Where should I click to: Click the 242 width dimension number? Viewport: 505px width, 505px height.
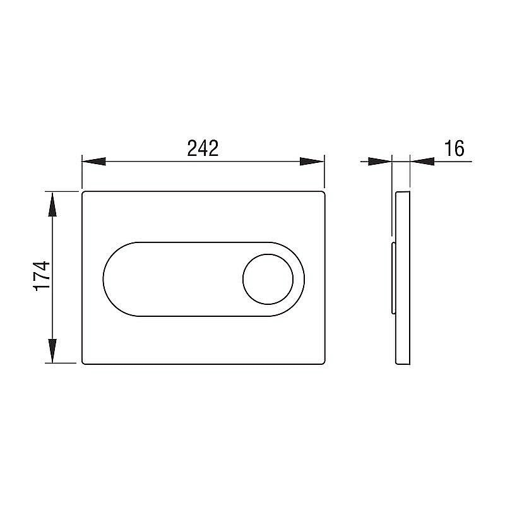click(203, 148)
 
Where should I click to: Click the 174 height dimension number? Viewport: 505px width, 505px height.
click(42, 276)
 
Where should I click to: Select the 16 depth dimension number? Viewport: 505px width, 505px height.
click(454, 148)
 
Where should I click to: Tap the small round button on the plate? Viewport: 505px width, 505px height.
click(268, 279)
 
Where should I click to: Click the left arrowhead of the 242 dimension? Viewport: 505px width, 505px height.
click(93, 161)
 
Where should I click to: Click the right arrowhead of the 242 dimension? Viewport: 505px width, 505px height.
click(312, 161)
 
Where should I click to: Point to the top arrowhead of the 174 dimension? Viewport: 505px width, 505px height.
click(52, 204)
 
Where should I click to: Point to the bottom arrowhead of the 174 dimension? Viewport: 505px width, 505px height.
click(52, 351)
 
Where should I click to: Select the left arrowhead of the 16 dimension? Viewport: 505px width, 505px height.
click(380, 161)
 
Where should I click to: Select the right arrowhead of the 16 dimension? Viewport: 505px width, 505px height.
click(422, 161)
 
